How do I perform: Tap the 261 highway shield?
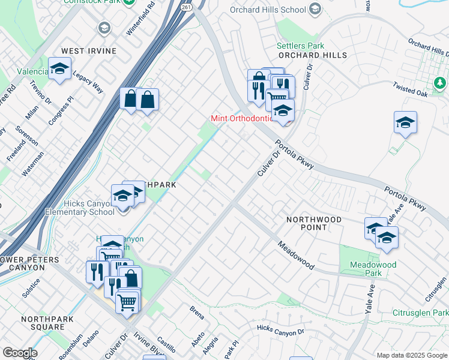point(187,5)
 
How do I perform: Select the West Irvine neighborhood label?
point(88,51)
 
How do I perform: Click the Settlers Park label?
point(300,46)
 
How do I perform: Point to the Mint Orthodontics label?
point(242,118)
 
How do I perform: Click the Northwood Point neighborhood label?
point(313,223)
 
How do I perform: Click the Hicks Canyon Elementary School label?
point(80,208)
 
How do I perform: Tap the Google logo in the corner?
point(19,353)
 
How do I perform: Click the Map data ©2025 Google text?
point(411,355)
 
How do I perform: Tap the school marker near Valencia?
point(60,69)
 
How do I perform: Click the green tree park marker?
point(440,82)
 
